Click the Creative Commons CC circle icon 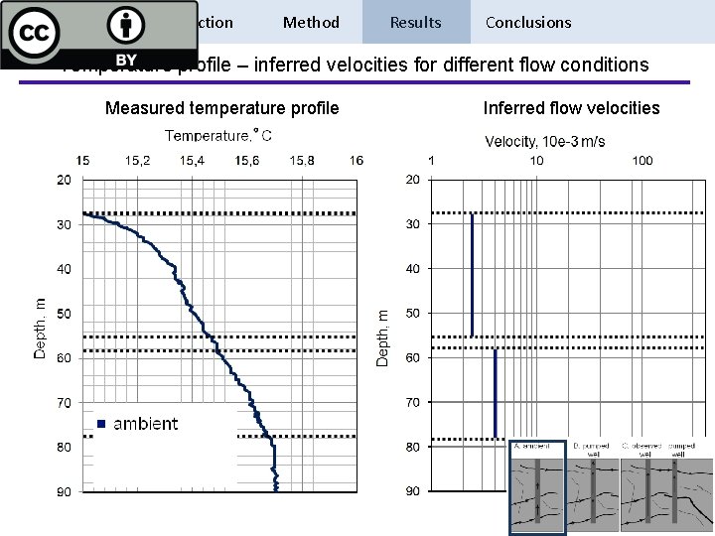coord(35,34)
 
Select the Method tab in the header coord(311,22)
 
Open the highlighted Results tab coord(416,22)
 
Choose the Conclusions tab coord(528,22)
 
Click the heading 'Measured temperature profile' coord(222,107)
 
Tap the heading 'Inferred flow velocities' coord(571,107)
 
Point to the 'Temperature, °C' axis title coord(218,135)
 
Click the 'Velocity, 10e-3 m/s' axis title coord(545,141)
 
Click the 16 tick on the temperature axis coord(356,160)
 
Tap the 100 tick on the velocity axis coord(643,160)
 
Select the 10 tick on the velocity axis coord(536,160)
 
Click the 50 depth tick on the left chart coord(64,314)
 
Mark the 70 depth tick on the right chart coord(412,402)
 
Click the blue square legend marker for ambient coord(101,424)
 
